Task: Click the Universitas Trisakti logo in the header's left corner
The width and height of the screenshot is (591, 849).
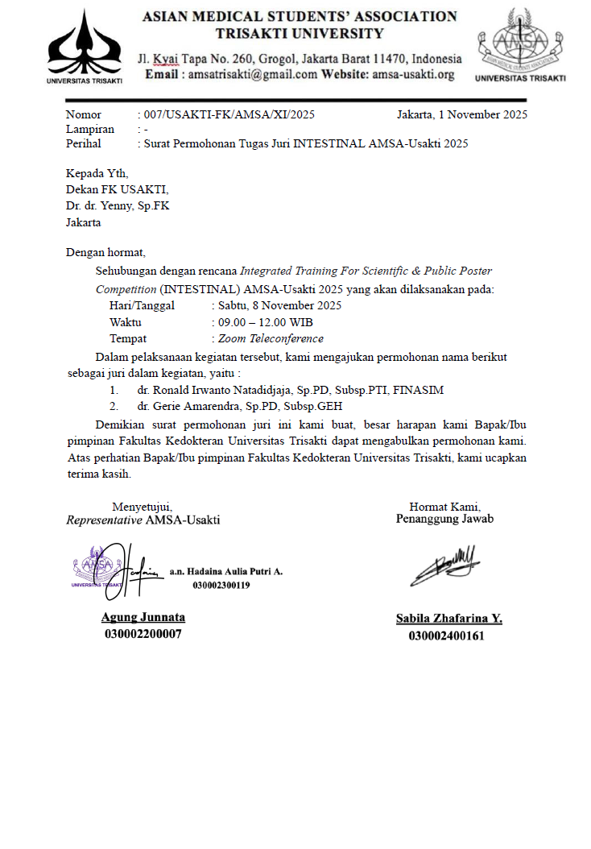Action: [85, 44]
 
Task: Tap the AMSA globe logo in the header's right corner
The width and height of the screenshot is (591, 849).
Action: [520, 40]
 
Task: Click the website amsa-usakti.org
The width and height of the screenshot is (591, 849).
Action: [413, 74]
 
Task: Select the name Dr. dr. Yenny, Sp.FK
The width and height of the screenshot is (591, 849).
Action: [118, 205]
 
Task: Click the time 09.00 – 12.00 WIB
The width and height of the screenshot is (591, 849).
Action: [261, 322]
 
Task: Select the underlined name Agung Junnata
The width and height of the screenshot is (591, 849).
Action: [143, 617]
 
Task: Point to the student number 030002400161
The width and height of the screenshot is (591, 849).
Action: [446, 636]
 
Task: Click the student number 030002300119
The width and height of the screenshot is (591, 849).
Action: [221, 586]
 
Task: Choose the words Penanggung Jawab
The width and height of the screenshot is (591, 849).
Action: [444, 520]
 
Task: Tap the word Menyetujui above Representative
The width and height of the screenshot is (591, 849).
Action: [142, 507]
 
